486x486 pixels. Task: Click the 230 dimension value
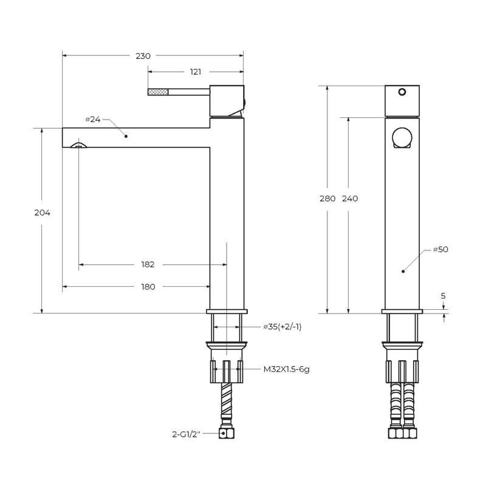pos(143,56)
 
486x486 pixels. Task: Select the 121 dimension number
pos(195,72)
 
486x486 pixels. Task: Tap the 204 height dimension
pos(42,213)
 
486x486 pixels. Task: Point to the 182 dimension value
pos(148,264)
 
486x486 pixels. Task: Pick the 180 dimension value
pos(148,287)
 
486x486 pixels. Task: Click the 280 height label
pos(327,199)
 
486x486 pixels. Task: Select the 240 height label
pos(350,199)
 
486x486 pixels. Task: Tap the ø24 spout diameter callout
pos(93,119)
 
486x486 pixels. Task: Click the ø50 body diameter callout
pos(441,249)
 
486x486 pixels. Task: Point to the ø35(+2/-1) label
pos(282,327)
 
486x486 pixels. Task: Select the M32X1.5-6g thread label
pos(286,369)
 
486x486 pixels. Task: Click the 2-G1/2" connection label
pos(186,434)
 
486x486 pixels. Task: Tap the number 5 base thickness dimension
pos(443,296)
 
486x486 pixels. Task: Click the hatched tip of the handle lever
pos(158,92)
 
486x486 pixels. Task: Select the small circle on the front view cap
pos(402,92)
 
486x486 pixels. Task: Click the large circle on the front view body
pos(402,137)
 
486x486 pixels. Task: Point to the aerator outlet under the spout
pos(78,145)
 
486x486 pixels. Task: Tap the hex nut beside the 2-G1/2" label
pos(227,433)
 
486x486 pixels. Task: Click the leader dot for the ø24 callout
pos(126,136)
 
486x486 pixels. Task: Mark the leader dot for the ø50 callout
pos(403,271)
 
